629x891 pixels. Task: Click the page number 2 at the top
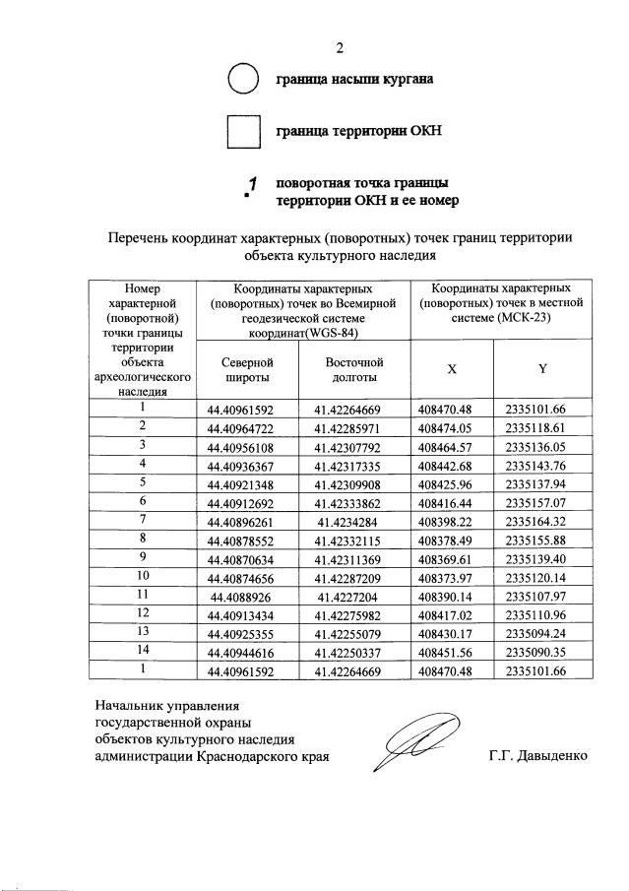point(340,46)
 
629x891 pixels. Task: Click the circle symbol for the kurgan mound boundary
point(243,79)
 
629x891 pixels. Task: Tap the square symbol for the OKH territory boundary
point(243,130)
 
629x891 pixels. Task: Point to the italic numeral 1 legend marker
point(252,183)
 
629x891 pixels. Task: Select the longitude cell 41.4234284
point(353,519)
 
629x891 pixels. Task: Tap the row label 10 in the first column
point(143,574)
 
